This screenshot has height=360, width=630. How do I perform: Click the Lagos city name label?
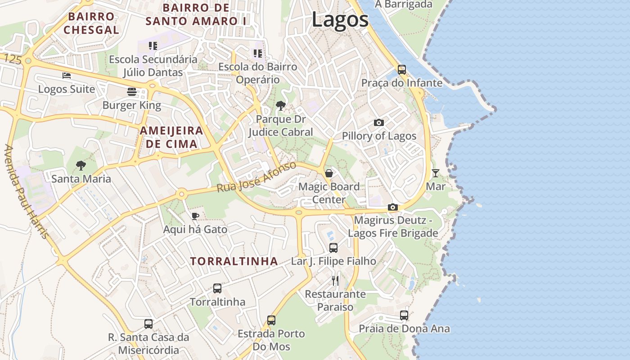tap(340, 20)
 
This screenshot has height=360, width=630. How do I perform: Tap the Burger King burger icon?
tap(132, 92)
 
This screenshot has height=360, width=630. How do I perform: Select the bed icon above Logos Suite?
tap(67, 76)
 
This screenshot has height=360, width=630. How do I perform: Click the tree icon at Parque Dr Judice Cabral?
tap(281, 106)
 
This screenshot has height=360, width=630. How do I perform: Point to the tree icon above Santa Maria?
tap(81, 166)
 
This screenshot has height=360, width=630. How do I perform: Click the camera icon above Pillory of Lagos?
tap(379, 122)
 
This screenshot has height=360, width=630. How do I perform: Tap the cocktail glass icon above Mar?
tap(435, 173)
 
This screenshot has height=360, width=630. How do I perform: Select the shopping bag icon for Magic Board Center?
tap(329, 173)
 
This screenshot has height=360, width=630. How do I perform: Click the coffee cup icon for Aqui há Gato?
tap(195, 216)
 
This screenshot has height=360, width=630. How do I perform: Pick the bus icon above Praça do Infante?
tap(402, 70)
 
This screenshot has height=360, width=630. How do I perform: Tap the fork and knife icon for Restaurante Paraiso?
tap(335, 281)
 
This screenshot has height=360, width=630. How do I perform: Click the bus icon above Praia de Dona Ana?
tap(404, 315)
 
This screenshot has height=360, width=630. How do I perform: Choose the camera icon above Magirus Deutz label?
tap(393, 207)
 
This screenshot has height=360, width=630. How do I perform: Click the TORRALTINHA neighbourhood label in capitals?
tap(234, 261)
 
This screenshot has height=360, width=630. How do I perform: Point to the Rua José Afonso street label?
tap(256, 177)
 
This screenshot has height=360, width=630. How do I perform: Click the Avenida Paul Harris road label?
tap(26, 191)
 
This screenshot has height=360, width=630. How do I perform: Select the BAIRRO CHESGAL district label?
tap(91, 23)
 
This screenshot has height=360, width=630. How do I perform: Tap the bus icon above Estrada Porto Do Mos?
tap(271, 320)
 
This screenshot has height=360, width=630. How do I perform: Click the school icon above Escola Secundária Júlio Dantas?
tap(153, 46)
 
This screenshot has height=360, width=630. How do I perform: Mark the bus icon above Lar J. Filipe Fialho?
tap(333, 247)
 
